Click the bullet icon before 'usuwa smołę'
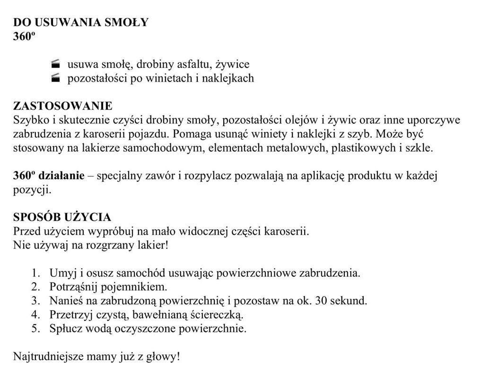(x=56, y=64)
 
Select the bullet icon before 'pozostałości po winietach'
(x=56, y=78)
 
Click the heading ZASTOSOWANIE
(x=62, y=105)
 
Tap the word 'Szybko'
(x=29, y=120)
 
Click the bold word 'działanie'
(x=61, y=176)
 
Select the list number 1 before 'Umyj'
(x=35, y=273)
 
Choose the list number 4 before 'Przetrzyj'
(x=35, y=314)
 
